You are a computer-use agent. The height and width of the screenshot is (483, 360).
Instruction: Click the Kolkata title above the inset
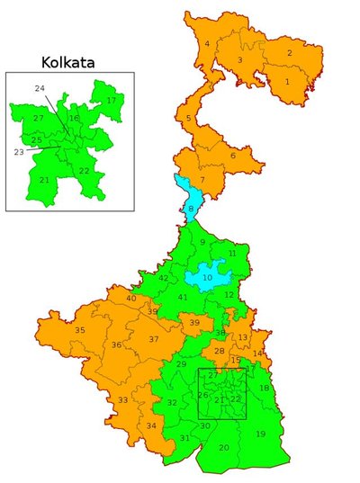(x=68, y=62)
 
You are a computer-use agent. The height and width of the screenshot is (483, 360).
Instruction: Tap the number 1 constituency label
(x=287, y=82)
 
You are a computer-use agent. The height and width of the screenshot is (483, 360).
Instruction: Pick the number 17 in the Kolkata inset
(x=111, y=100)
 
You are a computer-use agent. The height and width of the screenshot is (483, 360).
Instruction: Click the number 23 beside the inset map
(x=19, y=152)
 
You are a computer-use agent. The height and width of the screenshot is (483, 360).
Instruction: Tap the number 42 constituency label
(x=163, y=278)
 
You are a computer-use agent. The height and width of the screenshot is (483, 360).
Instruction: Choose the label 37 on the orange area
(x=154, y=339)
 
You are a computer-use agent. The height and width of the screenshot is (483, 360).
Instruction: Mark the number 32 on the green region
(x=172, y=402)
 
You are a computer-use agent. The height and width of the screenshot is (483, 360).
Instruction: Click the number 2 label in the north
(x=290, y=53)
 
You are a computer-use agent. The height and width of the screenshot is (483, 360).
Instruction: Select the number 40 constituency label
(x=131, y=298)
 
